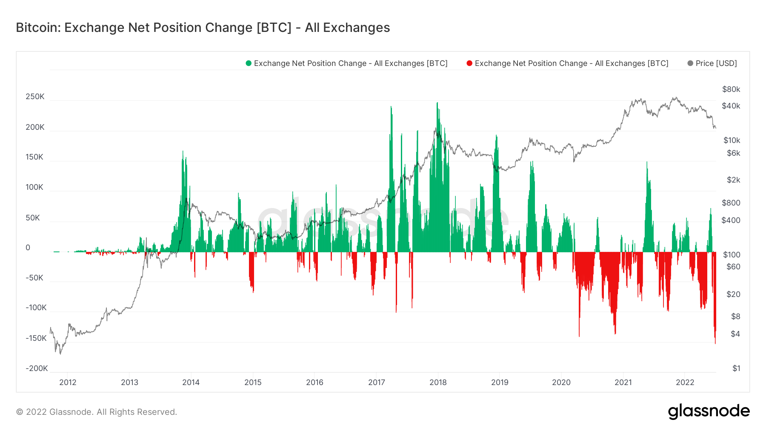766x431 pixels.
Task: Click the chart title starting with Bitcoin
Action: point(203,28)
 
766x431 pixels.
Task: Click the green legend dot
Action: point(249,63)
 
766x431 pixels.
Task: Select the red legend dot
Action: point(469,63)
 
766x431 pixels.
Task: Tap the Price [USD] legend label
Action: point(716,63)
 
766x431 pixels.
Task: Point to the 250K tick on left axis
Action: point(35,97)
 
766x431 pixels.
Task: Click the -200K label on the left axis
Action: point(37,368)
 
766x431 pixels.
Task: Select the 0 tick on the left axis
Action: point(28,248)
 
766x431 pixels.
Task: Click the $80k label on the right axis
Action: point(731,89)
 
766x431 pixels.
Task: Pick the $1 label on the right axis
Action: point(736,368)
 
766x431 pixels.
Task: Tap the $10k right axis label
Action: point(732,140)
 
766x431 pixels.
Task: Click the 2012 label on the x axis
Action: point(68,382)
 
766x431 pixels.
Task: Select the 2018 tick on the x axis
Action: point(438,382)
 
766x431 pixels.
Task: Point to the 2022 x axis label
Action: point(685,382)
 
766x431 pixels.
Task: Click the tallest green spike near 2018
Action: point(437,105)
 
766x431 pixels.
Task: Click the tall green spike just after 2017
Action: point(391,109)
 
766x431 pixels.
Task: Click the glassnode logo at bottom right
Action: point(709,411)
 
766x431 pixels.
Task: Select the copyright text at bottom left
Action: point(97,412)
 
